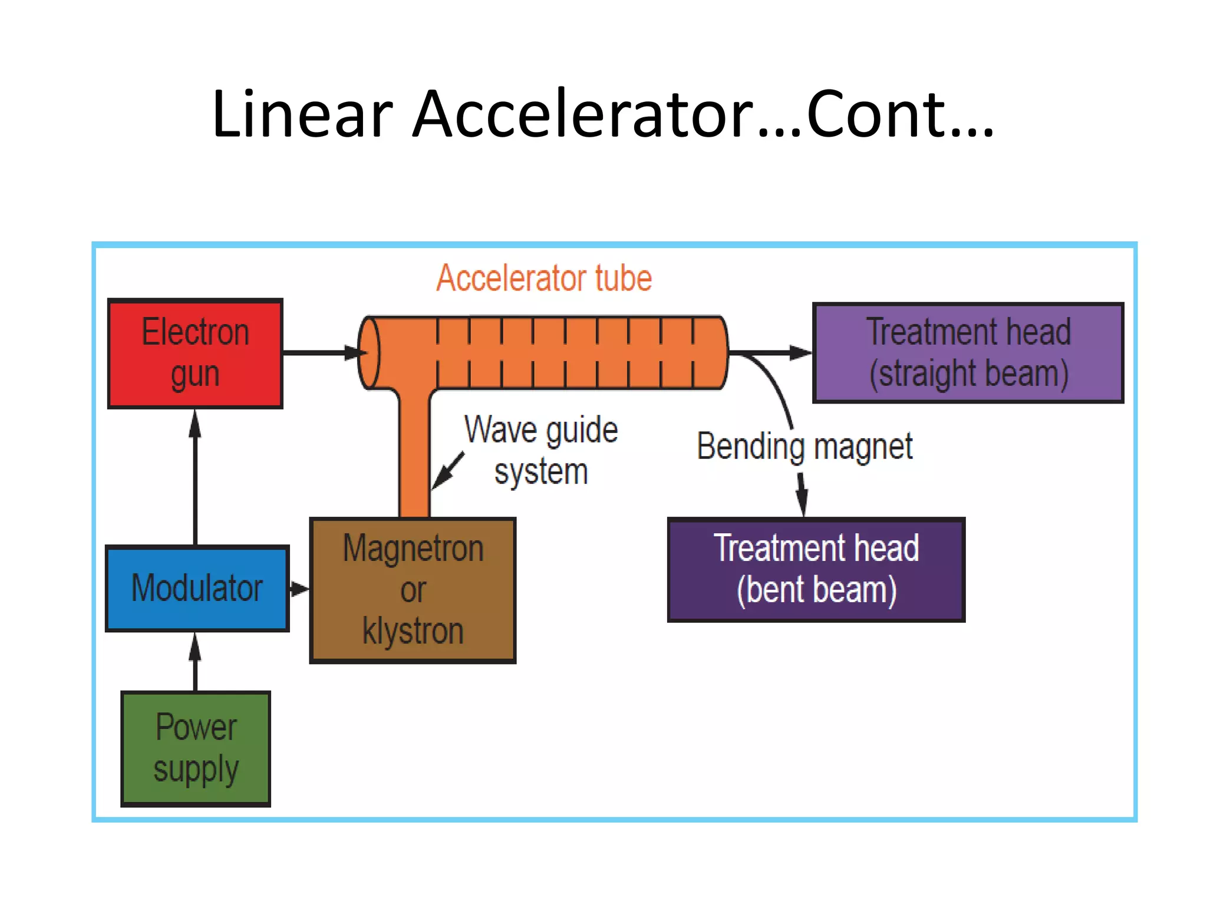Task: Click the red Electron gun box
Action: pyautogui.click(x=195, y=354)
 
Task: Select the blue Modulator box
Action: pyautogui.click(x=197, y=588)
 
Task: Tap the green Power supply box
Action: pyautogui.click(x=196, y=748)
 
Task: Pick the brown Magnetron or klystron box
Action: pyautogui.click(x=413, y=590)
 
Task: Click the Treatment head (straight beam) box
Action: pyautogui.click(x=968, y=353)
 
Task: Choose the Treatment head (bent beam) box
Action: pyautogui.click(x=816, y=570)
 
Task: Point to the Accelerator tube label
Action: pyautogui.click(x=543, y=278)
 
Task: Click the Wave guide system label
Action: pyautogui.click(x=540, y=451)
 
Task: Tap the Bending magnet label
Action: pyautogui.click(x=804, y=447)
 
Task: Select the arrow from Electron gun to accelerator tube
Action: pyautogui.click(x=321, y=352)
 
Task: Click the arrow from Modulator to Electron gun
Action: pyautogui.click(x=195, y=477)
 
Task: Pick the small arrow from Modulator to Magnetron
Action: pyautogui.click(x=299, y=589)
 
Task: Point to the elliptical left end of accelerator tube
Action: pyautogui.click(x=370, y=353)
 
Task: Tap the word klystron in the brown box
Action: pyautogui.click(x=413, y=631)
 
